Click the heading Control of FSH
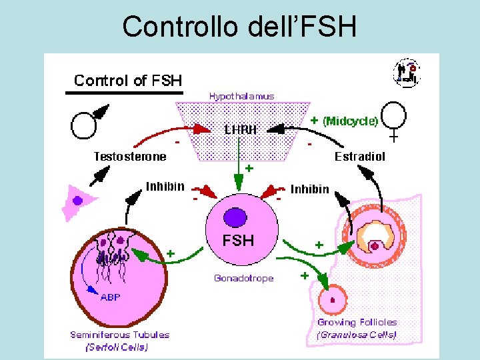[x=128, y=81]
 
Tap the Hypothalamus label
[x=241, y=97]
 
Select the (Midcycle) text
[x=351, y=121]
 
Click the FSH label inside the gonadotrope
[x=239, y=241]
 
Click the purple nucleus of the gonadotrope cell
[x=235, y=217]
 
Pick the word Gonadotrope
[x=244, y=278]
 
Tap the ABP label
[x=110, y=297]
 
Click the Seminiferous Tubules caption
[x=120, y=335]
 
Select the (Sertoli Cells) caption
[x=117, y=347]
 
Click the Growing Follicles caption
[x=357, y=322]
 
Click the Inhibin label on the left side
[x=165, y=186]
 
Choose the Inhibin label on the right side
[x=309, y=189]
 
